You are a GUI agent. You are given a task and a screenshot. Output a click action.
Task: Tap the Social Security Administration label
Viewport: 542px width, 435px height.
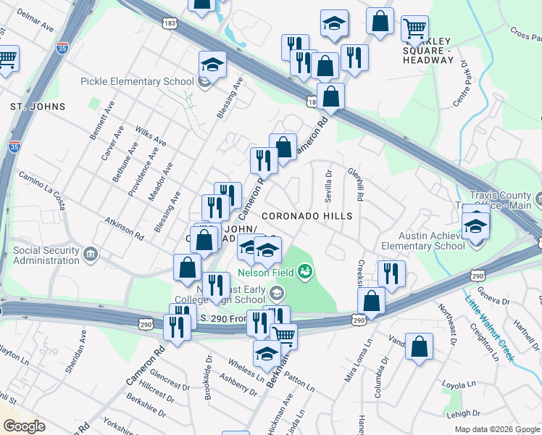coord(46,256)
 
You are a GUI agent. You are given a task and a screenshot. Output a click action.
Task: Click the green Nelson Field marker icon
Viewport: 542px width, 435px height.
coord(306,272)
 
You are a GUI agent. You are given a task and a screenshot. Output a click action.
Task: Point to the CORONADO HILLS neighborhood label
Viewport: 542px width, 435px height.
coord(307,216)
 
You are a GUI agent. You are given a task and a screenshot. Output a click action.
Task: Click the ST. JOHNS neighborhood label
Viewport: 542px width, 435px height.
coord(38,107)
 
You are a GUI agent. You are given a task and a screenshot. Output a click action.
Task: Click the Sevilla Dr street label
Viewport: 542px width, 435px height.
coord(328,186)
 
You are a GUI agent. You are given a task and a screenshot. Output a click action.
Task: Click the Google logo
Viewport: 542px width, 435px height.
coord(24,426)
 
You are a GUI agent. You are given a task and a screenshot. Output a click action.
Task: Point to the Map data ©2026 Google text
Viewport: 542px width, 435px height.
coord(496,429)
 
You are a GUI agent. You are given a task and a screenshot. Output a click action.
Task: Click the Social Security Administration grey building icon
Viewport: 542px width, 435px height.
coord(90,254)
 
